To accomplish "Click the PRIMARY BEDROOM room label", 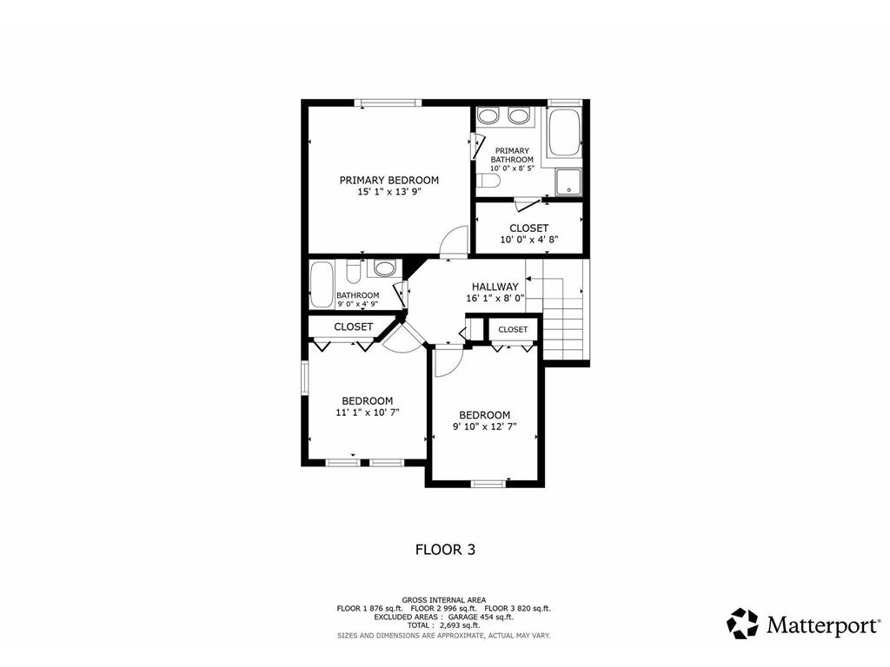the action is [389, 181].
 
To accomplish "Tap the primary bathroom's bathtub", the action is [564, 133].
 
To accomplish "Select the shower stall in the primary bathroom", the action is [568, 182].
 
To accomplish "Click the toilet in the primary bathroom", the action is [487, 181].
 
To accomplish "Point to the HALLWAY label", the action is [495, 287].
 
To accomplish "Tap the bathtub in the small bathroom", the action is [322, 284].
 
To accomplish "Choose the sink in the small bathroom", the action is [385, 268].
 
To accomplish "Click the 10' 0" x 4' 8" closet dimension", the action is [529, 240].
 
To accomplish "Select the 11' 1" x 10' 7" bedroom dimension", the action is [368, 413].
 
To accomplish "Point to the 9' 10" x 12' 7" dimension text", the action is [485, 426].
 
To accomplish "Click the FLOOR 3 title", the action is [446, 550].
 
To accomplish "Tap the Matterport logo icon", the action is [742, 624].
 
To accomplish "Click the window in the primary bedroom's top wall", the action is [389, 102].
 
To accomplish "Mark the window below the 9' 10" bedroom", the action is [488, 484].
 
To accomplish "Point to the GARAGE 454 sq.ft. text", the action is [481, 617].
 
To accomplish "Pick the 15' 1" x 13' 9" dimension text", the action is [389, 192].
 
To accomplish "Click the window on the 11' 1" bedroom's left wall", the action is [304, 377].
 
